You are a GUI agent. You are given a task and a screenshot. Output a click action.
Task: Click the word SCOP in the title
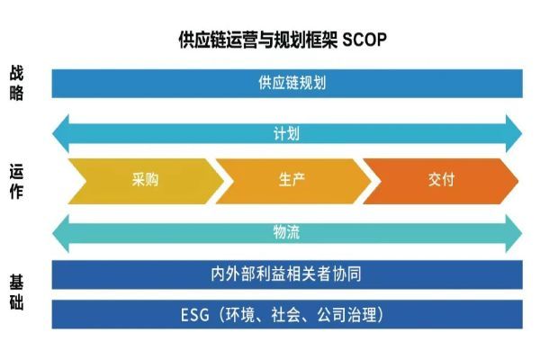coord(367,41)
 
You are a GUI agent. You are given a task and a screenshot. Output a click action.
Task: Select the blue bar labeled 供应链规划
coord(286,83)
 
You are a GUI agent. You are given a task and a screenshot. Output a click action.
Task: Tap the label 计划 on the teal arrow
coord(286,133)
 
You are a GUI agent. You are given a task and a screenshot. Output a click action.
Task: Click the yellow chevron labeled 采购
coord(144,179)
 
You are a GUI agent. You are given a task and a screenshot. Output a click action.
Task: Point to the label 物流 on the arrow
coord(286,231)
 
